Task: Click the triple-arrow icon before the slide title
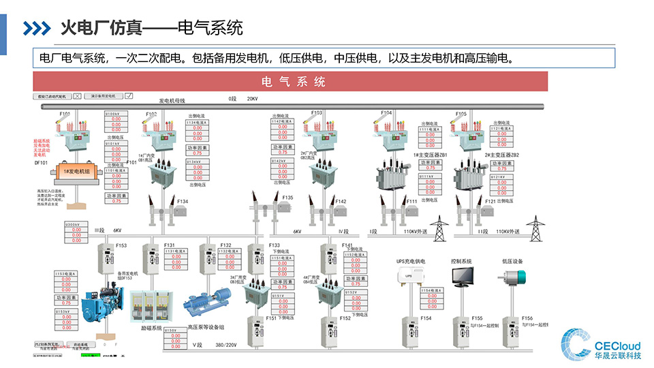click(37, 28)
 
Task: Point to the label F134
click(183, 202)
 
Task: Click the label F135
click(287, 198)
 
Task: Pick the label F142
click(341, 202)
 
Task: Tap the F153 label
click(121, 245)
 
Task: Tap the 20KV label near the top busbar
click(252, 99)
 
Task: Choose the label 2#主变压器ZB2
click(502, 155)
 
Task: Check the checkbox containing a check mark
click(128, 97)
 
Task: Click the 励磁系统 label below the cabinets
click(151, 328)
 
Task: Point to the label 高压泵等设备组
click(206, 328)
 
